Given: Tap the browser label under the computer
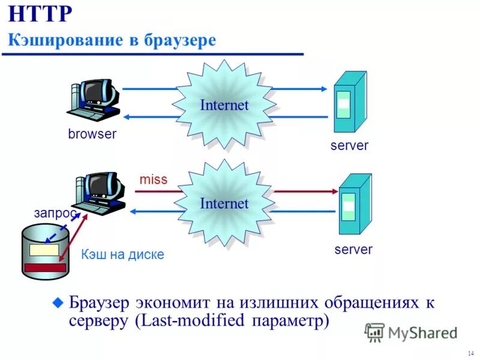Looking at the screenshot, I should coord(92,134).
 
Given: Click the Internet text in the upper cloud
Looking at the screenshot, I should coord(224,105).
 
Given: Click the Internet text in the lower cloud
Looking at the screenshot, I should coord(224,204).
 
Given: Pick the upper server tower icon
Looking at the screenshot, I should coord(349,102).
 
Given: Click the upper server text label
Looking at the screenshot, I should coord(349,145).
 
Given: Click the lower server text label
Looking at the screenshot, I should coord(353,249).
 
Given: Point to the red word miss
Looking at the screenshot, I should coord(153,179).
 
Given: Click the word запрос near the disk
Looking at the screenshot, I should coord(55,213).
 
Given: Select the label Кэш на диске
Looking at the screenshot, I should coord(122,254).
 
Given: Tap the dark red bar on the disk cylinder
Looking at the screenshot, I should coord(45,268).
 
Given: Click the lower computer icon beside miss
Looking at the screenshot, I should coord(101,193).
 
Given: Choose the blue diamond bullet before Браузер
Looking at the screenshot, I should coord(58,303).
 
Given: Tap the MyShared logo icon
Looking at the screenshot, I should coord(375,332).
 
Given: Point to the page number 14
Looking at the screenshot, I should coord(468,352).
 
